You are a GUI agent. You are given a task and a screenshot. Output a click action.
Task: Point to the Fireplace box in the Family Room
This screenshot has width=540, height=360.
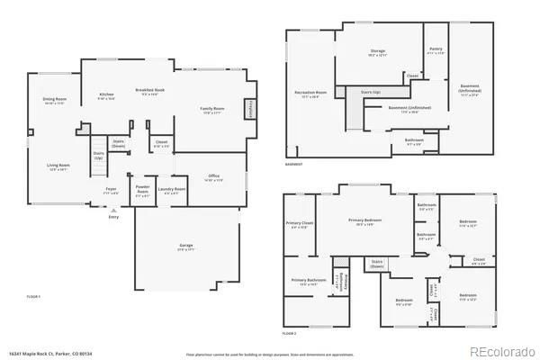[249, 108]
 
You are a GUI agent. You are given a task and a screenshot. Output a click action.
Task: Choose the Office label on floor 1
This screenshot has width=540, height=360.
[212, 176]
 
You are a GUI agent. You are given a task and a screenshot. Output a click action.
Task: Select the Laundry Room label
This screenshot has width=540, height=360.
[172, 189]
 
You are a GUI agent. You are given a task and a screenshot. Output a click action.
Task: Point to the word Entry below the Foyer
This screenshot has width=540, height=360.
[113, 217]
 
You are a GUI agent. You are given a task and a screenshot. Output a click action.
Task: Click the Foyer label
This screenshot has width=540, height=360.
[111, 189]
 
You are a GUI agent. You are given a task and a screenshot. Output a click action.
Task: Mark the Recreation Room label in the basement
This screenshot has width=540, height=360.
[310, 93]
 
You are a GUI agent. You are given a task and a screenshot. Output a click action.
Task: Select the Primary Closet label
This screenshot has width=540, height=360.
[300, 223]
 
